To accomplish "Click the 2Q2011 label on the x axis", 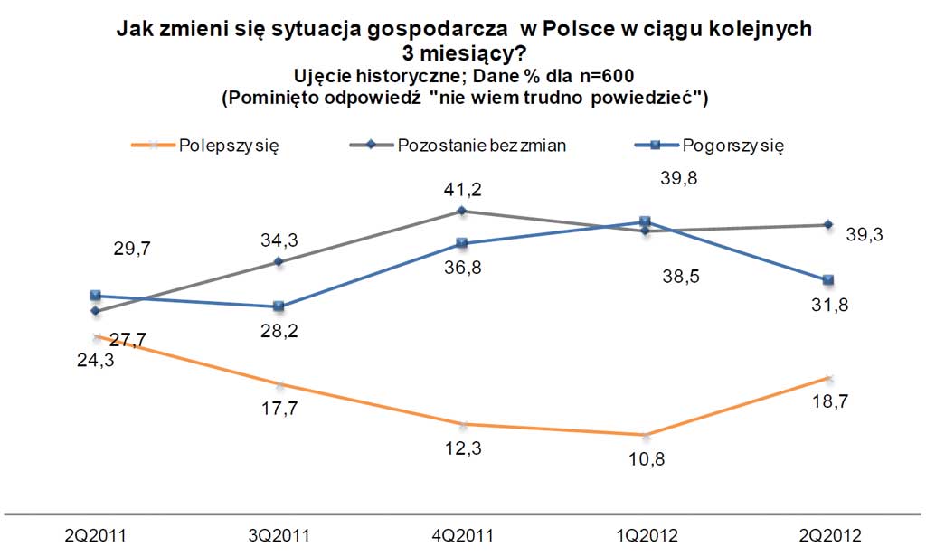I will tap(95, 534).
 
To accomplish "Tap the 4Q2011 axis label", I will tap(463, 534).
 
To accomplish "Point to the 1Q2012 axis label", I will tap(646, 534).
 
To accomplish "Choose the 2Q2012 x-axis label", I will tap(830, 534).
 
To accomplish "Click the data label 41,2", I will tap(461, 189).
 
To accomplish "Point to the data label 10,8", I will tap(646, 459).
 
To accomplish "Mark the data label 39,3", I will tap(865, 235).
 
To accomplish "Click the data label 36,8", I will tap(461, 268).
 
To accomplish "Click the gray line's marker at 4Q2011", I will tap(462, 211).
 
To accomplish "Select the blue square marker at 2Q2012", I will tap(829, 278).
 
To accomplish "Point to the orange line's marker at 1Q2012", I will tap(646, 435).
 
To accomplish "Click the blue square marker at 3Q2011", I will tap(279, 306).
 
